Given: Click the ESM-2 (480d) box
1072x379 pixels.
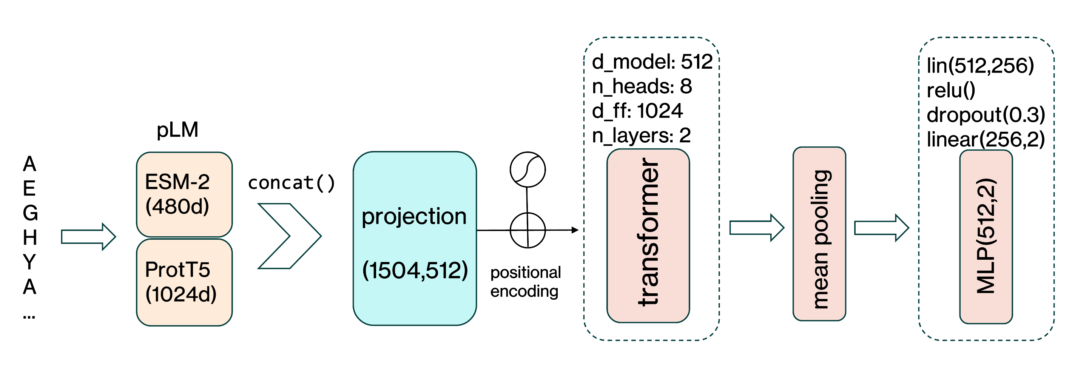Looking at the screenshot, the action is (184, 194).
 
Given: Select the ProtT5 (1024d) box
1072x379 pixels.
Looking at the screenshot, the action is (184, 282).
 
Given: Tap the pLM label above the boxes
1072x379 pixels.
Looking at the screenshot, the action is (177, 130).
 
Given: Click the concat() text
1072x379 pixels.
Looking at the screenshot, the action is (291, 183).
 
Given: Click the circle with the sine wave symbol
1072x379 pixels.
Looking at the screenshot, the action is (528, 170).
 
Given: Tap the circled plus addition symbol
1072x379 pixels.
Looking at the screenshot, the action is (528, 230).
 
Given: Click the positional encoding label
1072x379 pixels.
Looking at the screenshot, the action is (525, 282).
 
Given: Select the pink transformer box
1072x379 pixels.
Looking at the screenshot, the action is (648, 236).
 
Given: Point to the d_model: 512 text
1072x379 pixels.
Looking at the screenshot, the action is (652, 62).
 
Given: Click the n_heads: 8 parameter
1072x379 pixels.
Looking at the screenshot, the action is (642, 86).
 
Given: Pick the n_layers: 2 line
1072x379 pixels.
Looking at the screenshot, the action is (641, 136).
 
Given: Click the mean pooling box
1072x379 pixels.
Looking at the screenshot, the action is (819, 234).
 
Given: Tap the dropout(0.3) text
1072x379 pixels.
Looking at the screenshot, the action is (986, 115).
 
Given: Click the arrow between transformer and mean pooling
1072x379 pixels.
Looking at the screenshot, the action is (757, 228).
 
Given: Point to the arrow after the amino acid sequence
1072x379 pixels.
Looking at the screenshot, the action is (89, 237).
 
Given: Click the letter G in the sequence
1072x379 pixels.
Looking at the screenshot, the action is (30, 213).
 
